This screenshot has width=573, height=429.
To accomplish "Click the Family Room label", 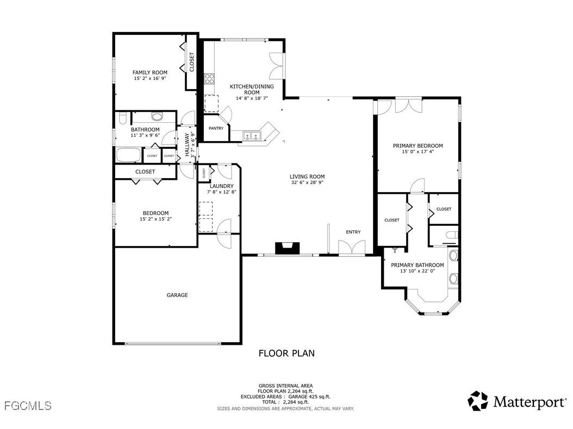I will pyautogui.click(x=150, y=72).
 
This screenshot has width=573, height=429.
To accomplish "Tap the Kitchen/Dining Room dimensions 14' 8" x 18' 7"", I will pyautogui.click(x=252, y=98).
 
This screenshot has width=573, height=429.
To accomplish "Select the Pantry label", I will pyautogui.click(x=216, y=129).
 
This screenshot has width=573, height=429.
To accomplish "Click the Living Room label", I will pyautogui.click(x=307, y=176).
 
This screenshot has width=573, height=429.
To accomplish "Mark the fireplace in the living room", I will pyautogui.click(x=286, y=248).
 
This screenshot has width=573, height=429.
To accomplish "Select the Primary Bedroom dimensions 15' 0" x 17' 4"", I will pyautogui.click(x=418, y=152).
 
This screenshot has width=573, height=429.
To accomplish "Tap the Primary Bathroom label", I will pyautogui.click(x=418, y=265).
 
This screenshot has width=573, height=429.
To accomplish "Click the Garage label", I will pyautogui.click(x=177, y=295).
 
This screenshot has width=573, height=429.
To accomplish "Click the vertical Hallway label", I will pyautogui.click(x=187, y=145).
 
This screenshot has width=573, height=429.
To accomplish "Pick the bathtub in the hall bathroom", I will pyautogui.click(x=129, y=155).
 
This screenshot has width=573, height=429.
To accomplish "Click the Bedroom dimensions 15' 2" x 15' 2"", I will pyautogui.click(x=155, y=219).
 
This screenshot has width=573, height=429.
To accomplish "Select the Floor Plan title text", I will pyautogui.click(x=286, y=354).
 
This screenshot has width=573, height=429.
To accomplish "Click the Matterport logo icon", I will pyautogui.click(x=478, y=401).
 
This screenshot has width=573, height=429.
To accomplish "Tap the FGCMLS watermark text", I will pyautogui.click(x=27, y=406).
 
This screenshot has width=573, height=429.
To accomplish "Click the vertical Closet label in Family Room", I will pyautogui.click(x=192, y=62).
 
